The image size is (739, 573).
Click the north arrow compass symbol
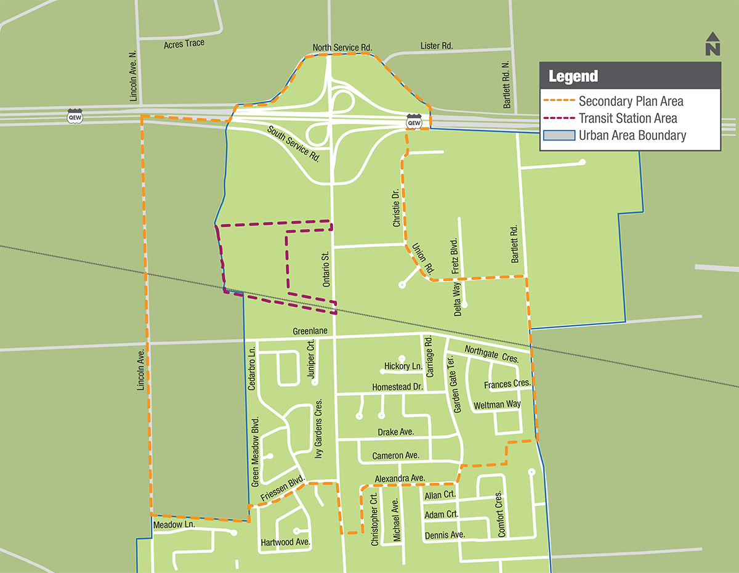[x=713, y=44]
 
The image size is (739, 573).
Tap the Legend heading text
[x=573, y=76]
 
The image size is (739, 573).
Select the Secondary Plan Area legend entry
[x=630, y=101]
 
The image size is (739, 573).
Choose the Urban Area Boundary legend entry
[x=631, y=136]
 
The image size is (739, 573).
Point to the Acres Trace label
[x=184, y=44]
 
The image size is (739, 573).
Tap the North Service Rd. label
[x=342, y=47]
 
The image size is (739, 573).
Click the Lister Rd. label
[x=436, y=46]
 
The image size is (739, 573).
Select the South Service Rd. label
[x=294, y=144]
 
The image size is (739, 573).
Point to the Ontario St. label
[x=326, y=269]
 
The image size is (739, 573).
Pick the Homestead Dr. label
[x=397, y=387]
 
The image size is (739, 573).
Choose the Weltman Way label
[x=497, y=405]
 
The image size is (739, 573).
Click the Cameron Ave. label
[x=396, y=455]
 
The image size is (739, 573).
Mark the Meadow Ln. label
[x=174, y=525]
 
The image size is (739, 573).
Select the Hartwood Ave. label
[x=284, y=542]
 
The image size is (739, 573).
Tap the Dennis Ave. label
[x=445, y=535]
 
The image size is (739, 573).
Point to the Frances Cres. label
[x=507, y=384]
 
